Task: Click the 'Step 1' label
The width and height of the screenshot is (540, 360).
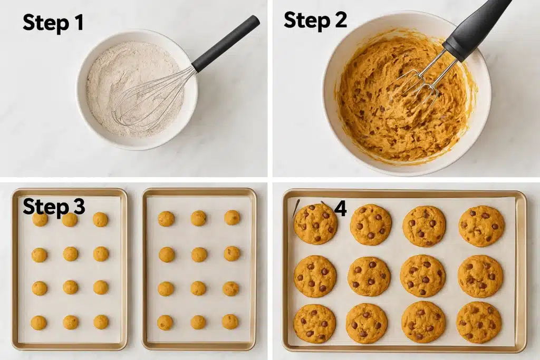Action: point(53,24)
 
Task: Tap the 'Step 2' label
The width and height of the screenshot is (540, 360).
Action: point(315,20)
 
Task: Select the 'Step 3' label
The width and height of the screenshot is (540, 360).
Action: point(53,207)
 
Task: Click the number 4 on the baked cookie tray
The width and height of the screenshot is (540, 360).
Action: point(340,209)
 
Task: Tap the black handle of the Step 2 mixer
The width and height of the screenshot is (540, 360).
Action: point(477,26)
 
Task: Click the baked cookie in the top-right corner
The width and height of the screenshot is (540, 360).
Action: point(481,226)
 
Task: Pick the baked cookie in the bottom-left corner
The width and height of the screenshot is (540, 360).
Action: point(314,323)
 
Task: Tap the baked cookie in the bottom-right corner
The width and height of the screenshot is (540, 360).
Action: point(478,322)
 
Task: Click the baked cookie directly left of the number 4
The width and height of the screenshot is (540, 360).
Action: point(315,224)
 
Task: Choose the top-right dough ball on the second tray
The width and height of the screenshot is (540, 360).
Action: point(232,218)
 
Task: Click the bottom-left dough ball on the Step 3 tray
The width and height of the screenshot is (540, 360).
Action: point(38,323)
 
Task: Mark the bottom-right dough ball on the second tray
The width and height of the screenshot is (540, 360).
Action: point(230,322)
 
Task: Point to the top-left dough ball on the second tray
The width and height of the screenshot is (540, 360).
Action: point(166,219)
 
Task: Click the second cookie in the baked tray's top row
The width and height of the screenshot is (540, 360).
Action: point(371,225)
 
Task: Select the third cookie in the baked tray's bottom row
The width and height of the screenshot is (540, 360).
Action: point(423,322)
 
